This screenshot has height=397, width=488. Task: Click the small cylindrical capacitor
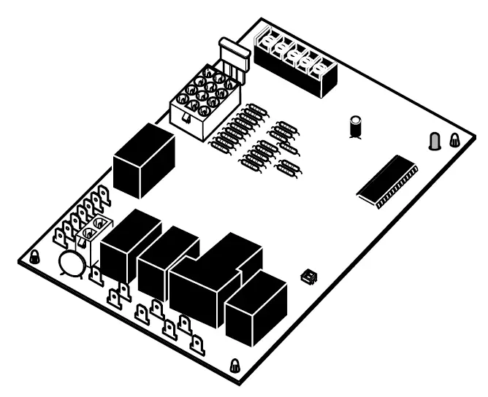(x=356, y=125)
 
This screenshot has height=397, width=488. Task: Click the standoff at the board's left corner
(x=34, y=258)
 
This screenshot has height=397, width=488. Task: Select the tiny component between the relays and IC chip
(x=310, y=275)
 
